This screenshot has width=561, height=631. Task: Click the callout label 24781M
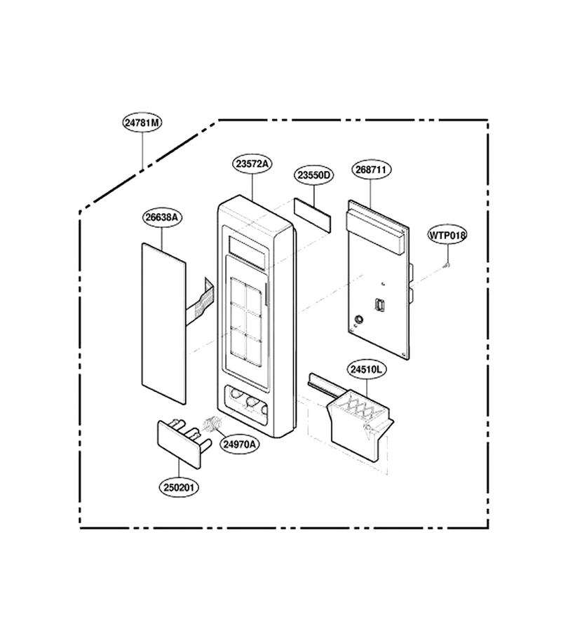point(142,122)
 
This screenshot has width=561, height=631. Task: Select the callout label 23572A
point(252,164)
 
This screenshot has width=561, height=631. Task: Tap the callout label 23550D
point(313,175)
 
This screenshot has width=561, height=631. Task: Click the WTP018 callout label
point(447,235)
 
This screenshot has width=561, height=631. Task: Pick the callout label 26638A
point(162,217)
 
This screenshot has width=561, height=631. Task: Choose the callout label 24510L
point(366,369)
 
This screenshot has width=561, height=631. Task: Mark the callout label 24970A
point(239,445)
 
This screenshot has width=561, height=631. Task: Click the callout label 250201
point(179,487)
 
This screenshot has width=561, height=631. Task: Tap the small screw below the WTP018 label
point(447,265)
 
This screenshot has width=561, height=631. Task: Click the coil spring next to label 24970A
point(212,424)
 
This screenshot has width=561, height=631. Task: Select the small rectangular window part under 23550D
point(313,215)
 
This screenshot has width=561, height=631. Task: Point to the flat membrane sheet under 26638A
point(164,323)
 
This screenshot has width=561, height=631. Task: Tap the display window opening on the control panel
point(248,252)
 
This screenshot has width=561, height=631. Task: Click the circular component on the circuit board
point(358,320)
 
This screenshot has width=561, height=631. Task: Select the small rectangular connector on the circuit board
point(379,305)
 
